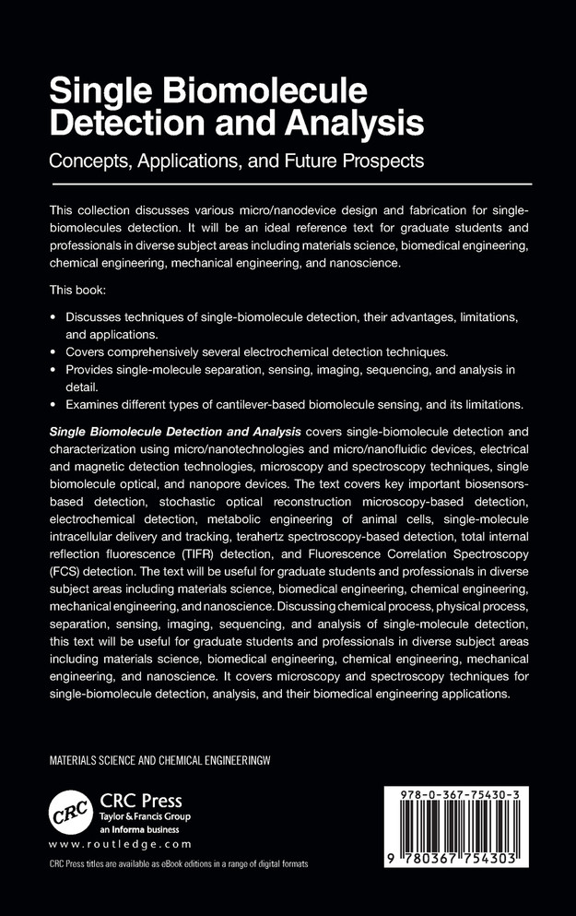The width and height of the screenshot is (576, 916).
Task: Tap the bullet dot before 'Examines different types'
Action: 53,404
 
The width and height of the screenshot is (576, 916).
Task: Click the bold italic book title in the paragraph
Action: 175,431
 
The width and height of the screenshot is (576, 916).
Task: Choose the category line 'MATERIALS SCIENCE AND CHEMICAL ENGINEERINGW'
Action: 165,761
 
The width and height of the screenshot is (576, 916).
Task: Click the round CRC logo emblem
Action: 71,812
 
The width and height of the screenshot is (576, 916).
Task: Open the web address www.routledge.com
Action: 120,844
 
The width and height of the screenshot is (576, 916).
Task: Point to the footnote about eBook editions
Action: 178,864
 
